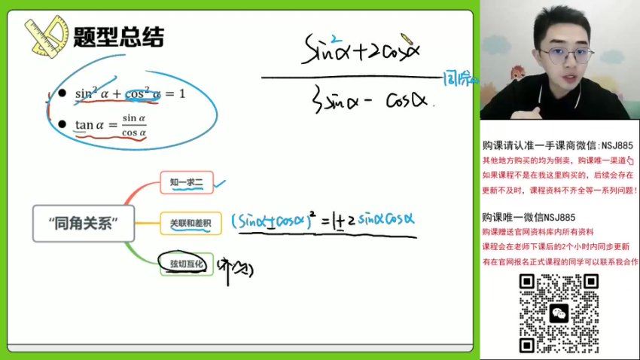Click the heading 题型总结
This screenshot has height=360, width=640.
pos(118,37)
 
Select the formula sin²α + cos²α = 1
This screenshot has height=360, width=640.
pos(130,94)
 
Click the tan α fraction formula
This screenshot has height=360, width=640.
pos(110,124)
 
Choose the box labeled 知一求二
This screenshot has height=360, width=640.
pos(187,181)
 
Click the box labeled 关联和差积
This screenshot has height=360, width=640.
pos(190,223)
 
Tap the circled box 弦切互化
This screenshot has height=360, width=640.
pos(186,264)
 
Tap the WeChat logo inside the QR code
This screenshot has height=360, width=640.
pos(559,313)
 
